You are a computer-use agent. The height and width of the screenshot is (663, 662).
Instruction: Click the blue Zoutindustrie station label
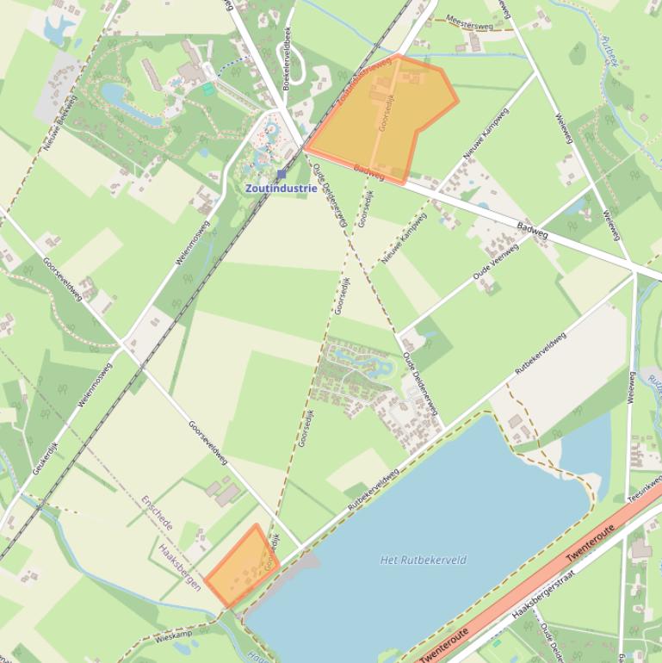click(281, 188)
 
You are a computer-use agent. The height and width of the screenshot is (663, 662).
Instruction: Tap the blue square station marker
click(282, 174)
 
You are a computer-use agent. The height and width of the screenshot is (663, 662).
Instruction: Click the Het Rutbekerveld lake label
click(424, 560)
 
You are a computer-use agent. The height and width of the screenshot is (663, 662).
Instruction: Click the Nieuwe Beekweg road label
click(60, 124)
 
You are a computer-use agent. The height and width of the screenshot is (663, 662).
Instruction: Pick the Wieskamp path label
click(175, 638)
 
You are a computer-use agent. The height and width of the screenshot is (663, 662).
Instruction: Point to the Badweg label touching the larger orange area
click(368, 172)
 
